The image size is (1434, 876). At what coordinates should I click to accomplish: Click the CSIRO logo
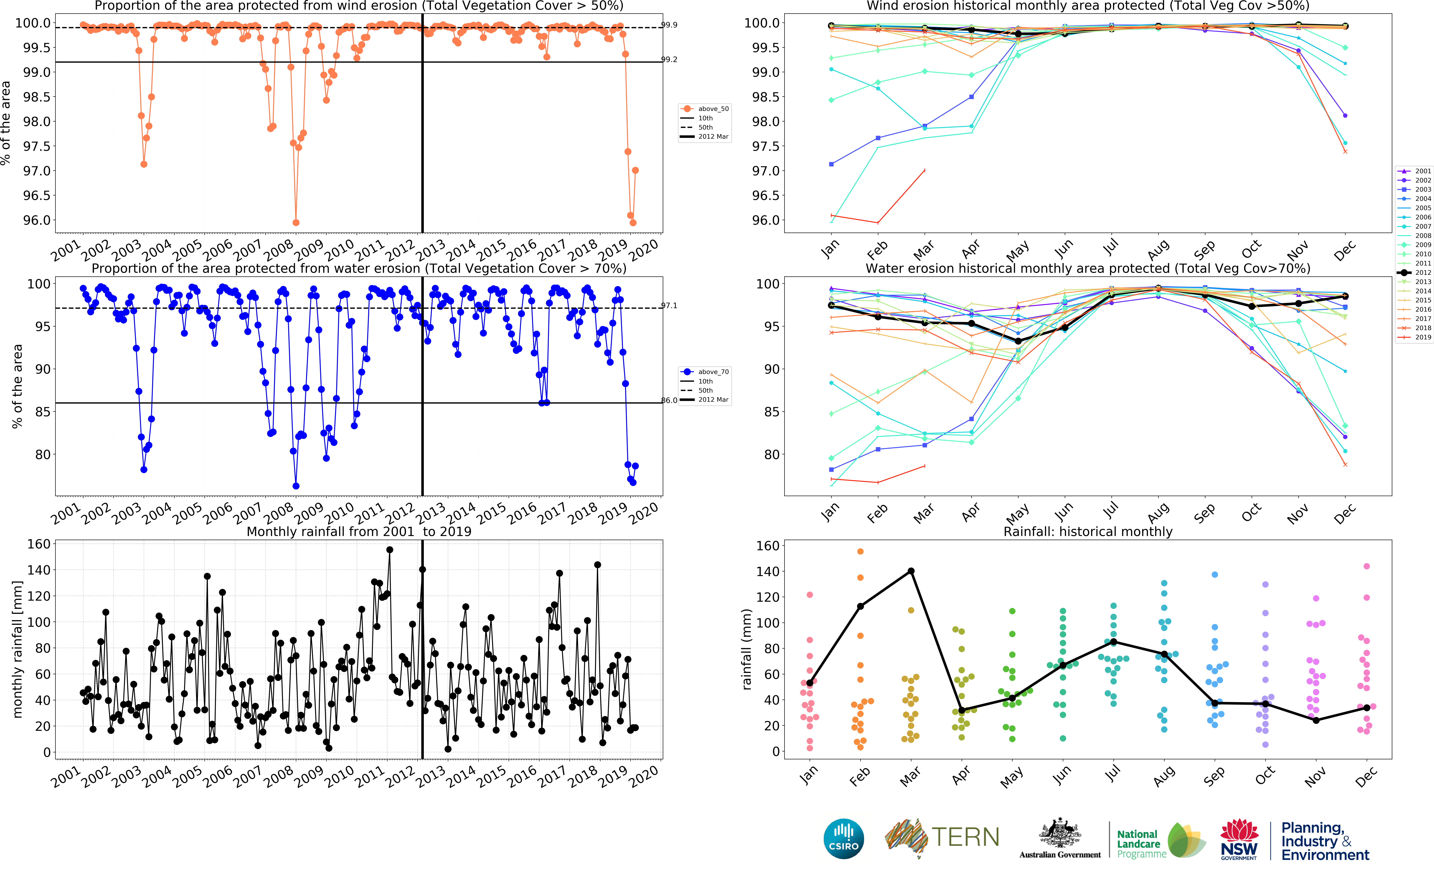coord(843,839)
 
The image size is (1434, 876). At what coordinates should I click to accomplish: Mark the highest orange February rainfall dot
coord(860,551)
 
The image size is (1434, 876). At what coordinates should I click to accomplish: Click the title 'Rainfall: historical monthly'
coord(1088,531)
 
